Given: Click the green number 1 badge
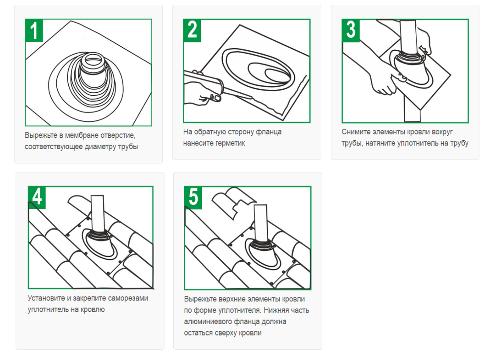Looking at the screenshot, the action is (x=34, y=31).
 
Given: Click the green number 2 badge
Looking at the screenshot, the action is (x=192, y=31).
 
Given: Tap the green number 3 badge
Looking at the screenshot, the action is (x=351, y=31).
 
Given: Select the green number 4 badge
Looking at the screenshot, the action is (x=37, y=197).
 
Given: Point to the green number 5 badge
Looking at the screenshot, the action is (x=193, y=197).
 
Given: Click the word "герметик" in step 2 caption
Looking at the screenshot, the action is (x=230, y=143).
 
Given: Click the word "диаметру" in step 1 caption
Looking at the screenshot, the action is (x=100, y=147).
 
